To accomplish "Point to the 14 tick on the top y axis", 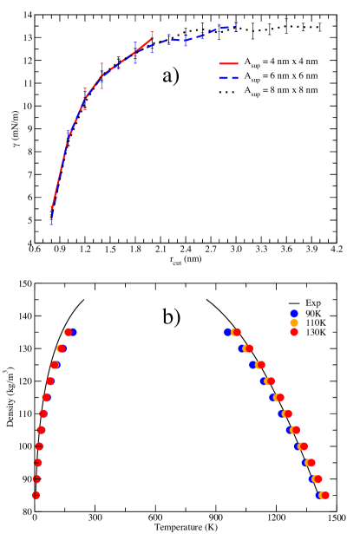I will coord(27,16).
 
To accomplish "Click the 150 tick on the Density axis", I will coord(25,283).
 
